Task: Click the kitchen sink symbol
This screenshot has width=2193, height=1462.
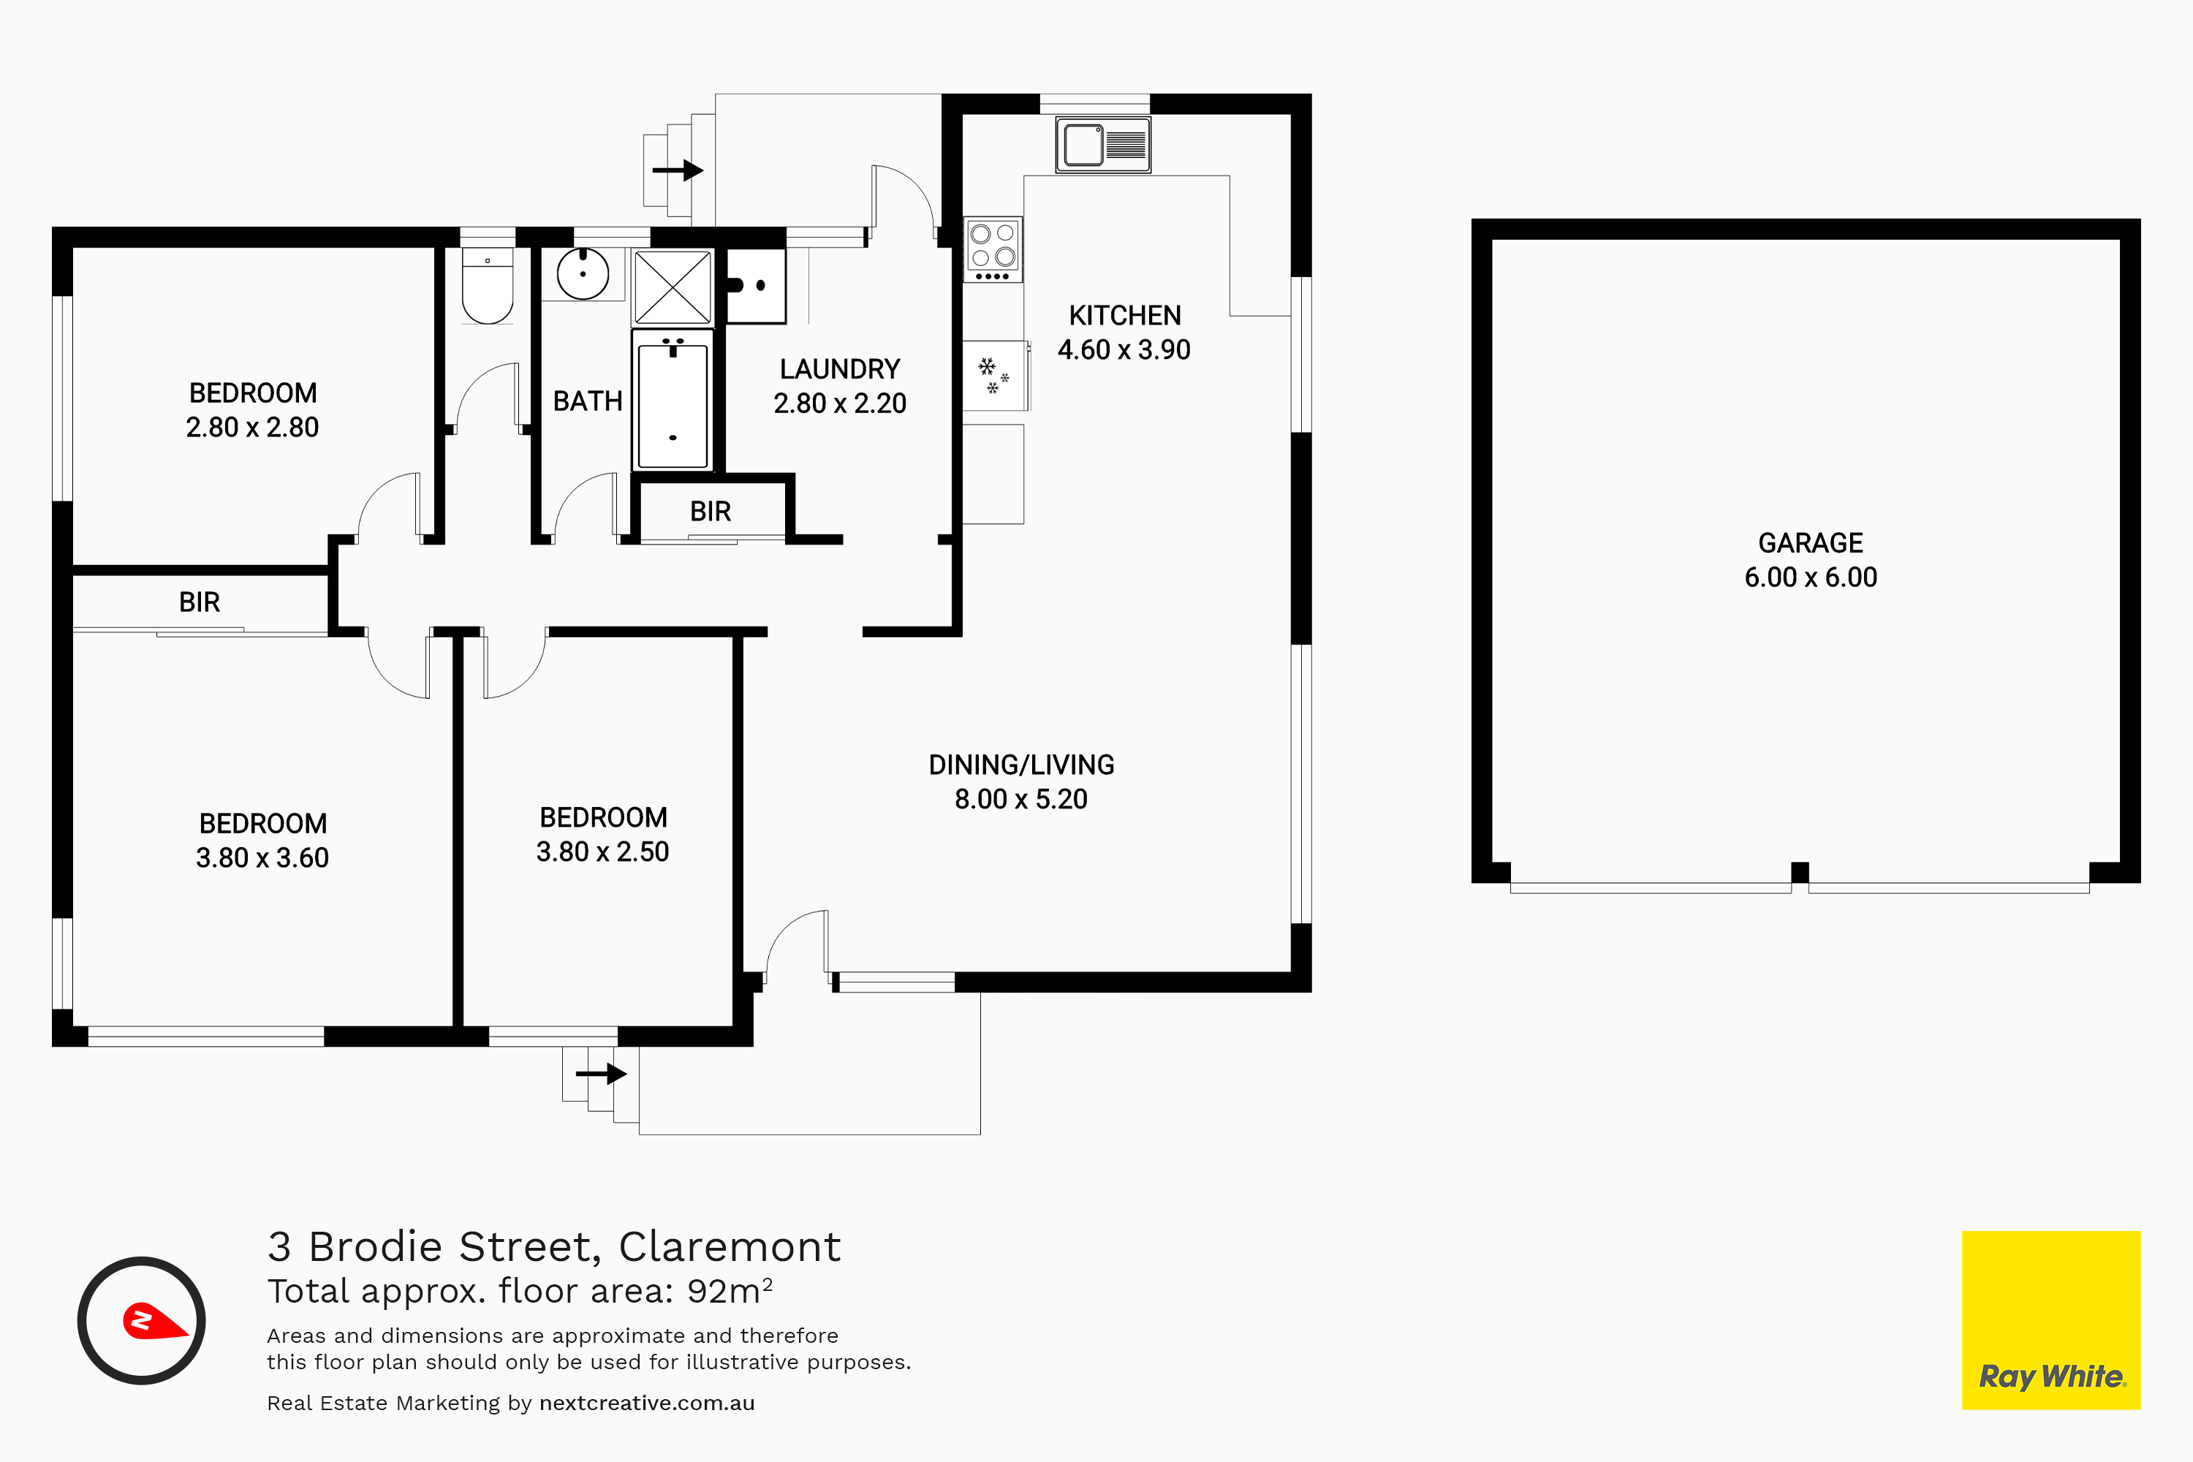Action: pyautogui.click(x=1103, y=145)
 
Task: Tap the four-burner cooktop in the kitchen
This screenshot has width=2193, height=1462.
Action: pyautogui.click(x=993, y=250)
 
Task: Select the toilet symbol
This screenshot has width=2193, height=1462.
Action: pyautogui.click(x=488, y=285)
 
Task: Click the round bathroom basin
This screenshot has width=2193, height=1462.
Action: pyautogui.click(x=583, y=273)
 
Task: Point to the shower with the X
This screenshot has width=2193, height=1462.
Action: pyautogui.click(x=673, y=287)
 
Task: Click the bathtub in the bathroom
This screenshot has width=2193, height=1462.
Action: pyautogui.click(x=673, y=401)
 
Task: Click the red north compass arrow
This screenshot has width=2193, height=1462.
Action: pyautogui.click(x=154, y=1321)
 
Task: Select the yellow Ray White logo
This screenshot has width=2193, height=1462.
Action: pyautogui.click(x=2051, y=1320)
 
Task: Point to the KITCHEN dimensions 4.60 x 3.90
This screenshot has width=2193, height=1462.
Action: pyautogui.click(x=1124, y=349)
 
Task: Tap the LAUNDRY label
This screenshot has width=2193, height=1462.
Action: pyautogui.click(x=840, y=369)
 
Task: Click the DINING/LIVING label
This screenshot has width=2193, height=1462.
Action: pyautogui.click(x=1021, y=765)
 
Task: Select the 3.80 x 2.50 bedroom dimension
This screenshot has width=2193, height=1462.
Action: pyautogui.click(x=602, y=852)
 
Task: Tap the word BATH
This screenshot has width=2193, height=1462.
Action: pyautogui.click(x=588, y=401)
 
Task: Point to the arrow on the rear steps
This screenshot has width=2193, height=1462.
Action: pyautogui.click(x=678, y=170)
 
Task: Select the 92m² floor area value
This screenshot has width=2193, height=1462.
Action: pyautogui.click(x=730, y=1290)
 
